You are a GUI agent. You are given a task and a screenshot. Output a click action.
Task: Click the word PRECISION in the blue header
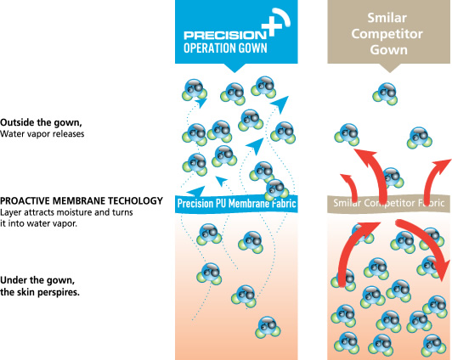(225, 36)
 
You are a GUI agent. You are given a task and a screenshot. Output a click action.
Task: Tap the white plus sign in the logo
(272, 26)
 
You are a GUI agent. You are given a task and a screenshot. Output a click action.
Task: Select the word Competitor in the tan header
(387, 34)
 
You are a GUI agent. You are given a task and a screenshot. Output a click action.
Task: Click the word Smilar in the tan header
(387, 18)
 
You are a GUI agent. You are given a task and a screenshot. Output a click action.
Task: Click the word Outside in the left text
(17, 122)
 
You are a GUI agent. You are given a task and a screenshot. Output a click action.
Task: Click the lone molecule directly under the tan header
(385, 93)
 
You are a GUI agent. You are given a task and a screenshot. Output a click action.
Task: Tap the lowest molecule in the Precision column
(268, 328)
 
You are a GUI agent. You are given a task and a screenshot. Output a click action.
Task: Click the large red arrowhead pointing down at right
(442, 268)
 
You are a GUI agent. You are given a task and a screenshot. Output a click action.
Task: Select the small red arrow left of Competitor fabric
(351, 187)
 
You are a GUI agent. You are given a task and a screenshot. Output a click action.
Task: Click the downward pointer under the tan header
(390, 68)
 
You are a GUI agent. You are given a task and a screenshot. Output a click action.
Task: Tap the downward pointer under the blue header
(234, 68)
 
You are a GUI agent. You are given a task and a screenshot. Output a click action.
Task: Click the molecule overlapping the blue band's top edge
(276, 190)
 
